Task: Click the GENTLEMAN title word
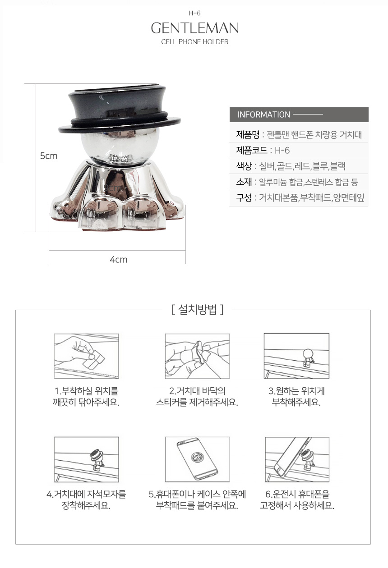pyautogui.click(x=194, y=28)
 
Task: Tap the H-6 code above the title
pyautogui.click(x=194, y=13)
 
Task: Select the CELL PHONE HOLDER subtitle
pyautogui.click(x=194, y=42)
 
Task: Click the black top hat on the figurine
pyautogui.click(x=119, y=108)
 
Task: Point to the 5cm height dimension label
pyautogui.click(x=49, y=156)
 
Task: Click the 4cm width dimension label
pyautogui.click(x=119, y=260)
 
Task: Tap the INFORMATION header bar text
pyautogui.click(x=263, y=115)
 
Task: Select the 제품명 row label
pyautogui.click(x=248, y=135)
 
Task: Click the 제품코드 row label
pyautogui.click(x=251, y=151)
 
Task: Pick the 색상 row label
pyautogui.click(x=244, y=166)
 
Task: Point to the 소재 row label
pyautogui.click(x=244, y=182)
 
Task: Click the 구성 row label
pyautogui.click(x=244, y=198)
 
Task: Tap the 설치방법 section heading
pyautogui.click(x=198, y=310)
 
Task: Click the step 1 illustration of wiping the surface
pyautogui.click(x=86, y=356)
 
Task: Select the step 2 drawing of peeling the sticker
pyautogui.click(x=197, y=356)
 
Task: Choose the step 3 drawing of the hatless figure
pyautogui.click(x=296, y=356)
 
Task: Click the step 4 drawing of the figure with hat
pyautogui.click(x=86, y=459)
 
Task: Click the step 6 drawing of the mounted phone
pyautogui.click(x=297, y=459)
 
